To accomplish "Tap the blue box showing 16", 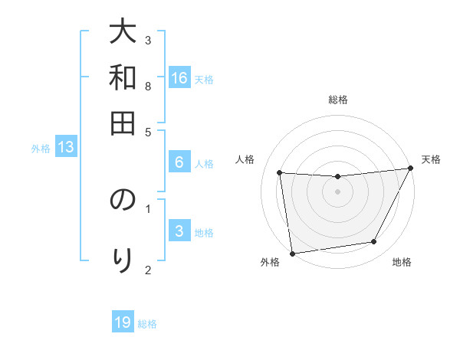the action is coord(179,78).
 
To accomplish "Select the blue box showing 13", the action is coord(65,148).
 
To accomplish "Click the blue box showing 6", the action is coord(179,162).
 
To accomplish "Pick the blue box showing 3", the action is coord(179,232).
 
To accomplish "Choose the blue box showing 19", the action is coord(123,322).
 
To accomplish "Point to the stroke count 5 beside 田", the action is coord(148,131).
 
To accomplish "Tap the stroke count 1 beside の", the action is coord(148,207).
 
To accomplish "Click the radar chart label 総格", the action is coord(338,100).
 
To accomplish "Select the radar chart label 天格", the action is coord(431,159).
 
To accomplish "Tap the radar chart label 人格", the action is coord(245,159).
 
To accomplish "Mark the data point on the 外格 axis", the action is coord(292,253).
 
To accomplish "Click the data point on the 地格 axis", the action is coord(374,242).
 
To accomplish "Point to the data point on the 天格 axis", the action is coord(411,169).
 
